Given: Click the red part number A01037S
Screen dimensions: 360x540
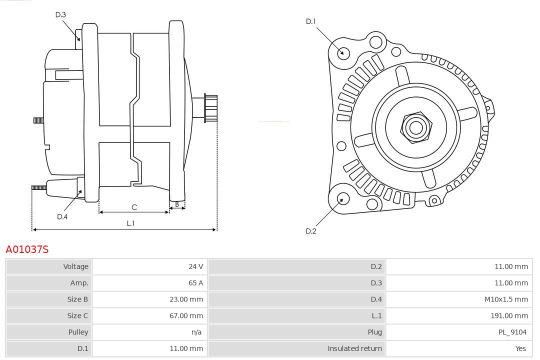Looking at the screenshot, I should point(27,249).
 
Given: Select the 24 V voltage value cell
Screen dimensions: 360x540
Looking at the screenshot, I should point(195,266).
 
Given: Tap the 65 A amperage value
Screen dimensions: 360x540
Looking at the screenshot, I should point(195,283).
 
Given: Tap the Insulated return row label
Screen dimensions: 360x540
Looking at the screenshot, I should point(354,348).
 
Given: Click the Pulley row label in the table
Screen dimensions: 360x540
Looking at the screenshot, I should point(78,332).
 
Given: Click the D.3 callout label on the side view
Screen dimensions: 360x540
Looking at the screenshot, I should point(60,15).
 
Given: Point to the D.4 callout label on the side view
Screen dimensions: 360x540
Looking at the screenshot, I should point(62,216).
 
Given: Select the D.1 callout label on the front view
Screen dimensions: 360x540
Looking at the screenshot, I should point(311,21).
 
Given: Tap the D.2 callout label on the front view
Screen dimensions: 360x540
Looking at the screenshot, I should point(311,231).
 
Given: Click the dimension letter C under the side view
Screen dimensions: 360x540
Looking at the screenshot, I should point(134,207).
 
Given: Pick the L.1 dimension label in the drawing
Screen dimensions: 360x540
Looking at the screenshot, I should point(130,223).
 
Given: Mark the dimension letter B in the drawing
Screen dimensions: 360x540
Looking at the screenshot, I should point(177,204).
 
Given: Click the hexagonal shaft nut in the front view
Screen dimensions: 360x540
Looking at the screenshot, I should point(415,127).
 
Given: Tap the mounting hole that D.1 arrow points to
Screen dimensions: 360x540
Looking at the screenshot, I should point(343,52).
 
